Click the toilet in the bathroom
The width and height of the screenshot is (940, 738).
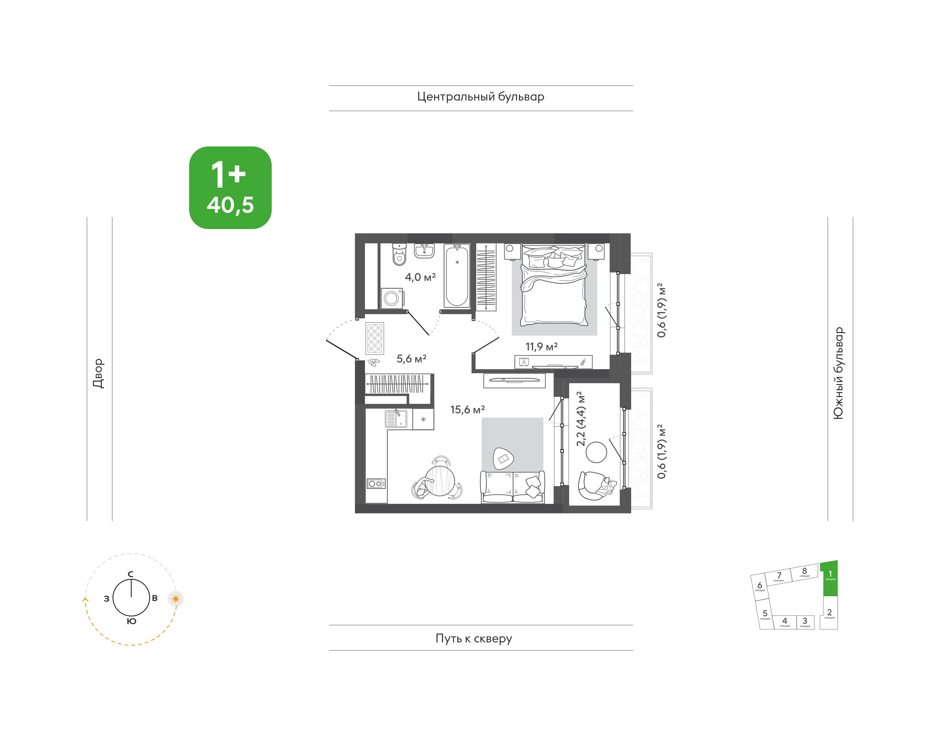pyautogui.click(x=399, y=254)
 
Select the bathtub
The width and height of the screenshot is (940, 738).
pyautogui.click(x=457, y=276)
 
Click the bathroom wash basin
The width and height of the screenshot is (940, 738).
pyautogui.click(x=424, y=251)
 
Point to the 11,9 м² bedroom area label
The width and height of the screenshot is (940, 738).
pyautogui.click(x=541, y=346)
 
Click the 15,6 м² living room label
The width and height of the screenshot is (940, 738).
pyautogui.click(x=467, y=409)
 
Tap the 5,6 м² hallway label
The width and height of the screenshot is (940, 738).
pyautogui.click(x=411, y=359)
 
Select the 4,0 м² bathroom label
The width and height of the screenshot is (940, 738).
pyautogui.click(x=420, y=277)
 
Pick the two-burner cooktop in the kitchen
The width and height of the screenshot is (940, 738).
pyautogui.click(x=376, y=484)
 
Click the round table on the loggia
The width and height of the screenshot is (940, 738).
pyautogui.click(x=596, y=453)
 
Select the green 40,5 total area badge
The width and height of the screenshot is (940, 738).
pyautogui.click(x=230, y=188)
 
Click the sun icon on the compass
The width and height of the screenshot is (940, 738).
pyautogui.click(x=175, y=599)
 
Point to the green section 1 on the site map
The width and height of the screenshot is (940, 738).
pyautogui.click(x=829, y=578)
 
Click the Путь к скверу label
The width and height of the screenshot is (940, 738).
pyautogui.click(x=474, y=638)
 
